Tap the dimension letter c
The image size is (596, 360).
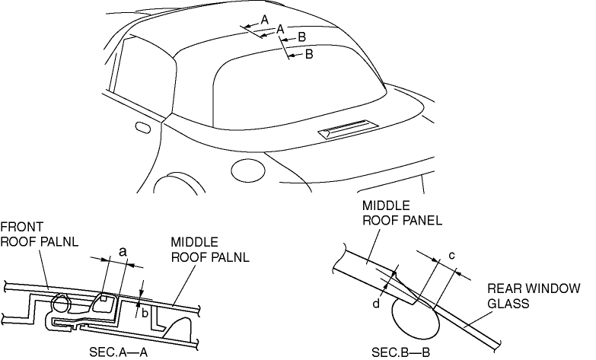click(451, 255)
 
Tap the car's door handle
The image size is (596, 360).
click(141, 125)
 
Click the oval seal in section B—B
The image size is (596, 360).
click(415, 316)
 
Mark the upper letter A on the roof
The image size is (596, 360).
click(264, 18)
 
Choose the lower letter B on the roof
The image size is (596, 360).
click(309, 54)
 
